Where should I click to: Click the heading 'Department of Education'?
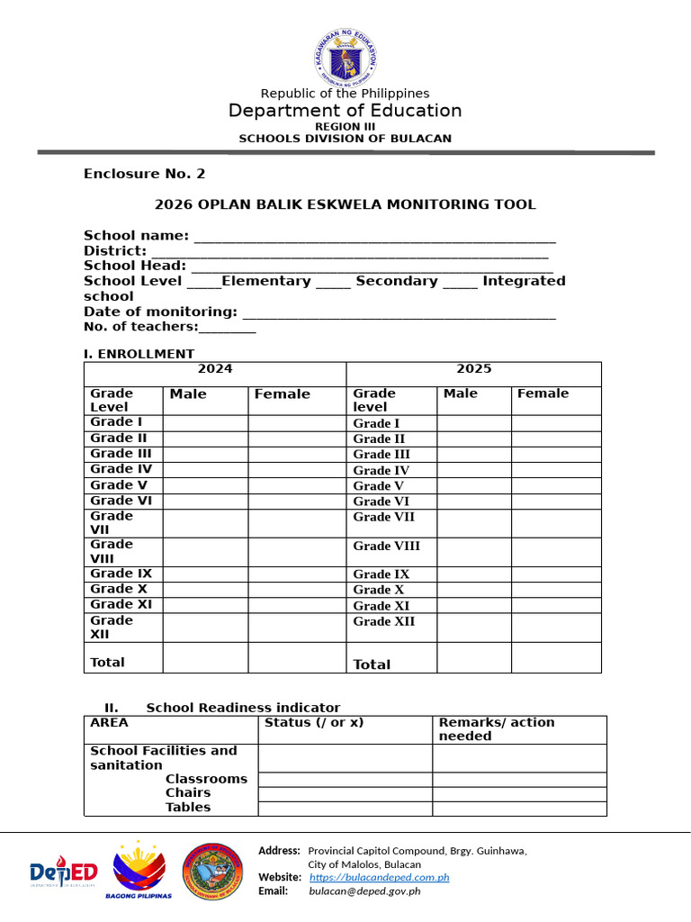point(345,111)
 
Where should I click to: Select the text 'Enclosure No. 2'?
point(144,174)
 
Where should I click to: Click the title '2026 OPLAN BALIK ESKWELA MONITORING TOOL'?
point(345,204)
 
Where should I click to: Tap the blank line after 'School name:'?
point(374,237)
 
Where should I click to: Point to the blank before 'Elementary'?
point(203,282)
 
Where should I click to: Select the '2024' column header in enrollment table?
point(215,369)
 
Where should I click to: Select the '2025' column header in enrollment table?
point(473,369)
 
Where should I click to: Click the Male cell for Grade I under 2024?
point(205,423)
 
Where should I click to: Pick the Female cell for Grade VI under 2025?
point(556,502)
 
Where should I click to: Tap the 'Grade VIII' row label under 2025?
point(386,547)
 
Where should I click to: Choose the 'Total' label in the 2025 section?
point(372,664)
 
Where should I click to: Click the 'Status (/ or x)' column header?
point(314,723)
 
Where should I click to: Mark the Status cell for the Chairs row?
point(345,794)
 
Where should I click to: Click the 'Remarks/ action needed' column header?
point(496,729)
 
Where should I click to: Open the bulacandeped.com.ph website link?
point(379,877)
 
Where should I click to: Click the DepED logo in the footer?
point(63,872)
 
